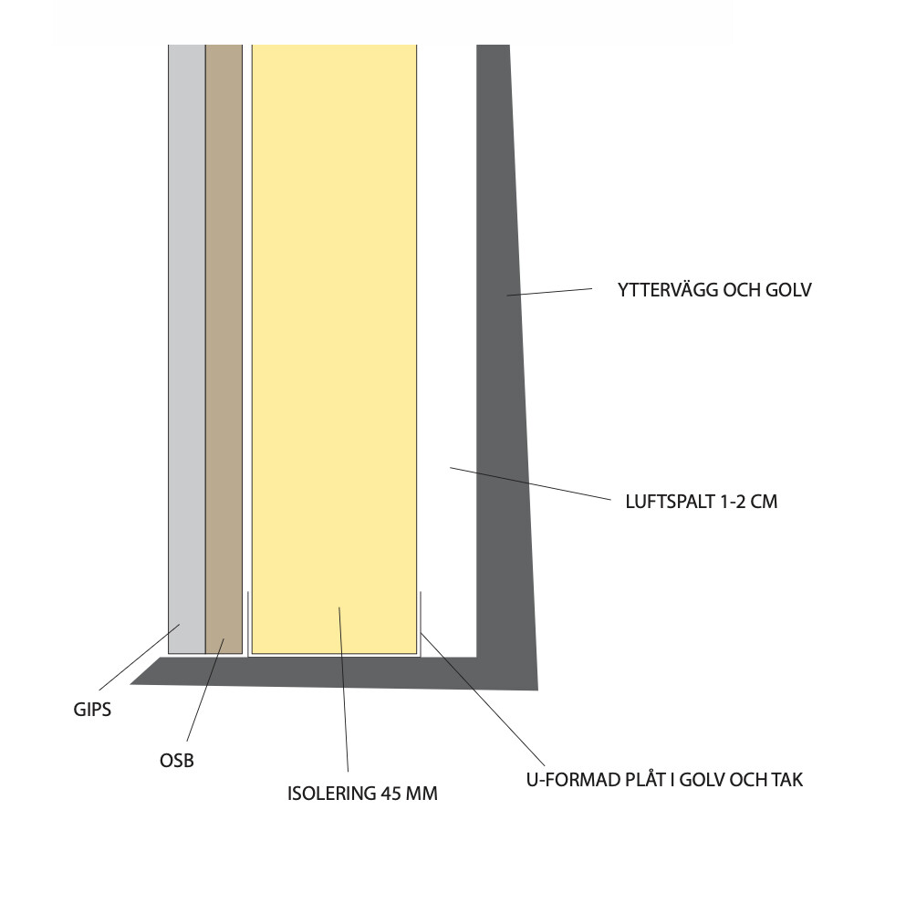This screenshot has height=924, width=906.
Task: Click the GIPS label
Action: click(92, 709)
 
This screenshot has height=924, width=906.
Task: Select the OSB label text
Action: click(177, 760)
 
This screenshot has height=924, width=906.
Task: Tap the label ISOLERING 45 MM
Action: click(362, 794)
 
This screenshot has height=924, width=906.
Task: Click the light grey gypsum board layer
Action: click(186, 347)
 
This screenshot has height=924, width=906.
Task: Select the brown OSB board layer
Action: click(224, 347)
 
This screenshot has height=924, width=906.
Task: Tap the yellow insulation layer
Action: click(334, 347)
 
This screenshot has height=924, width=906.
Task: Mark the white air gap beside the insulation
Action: click(446, 347)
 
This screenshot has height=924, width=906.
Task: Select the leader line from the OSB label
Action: click(206, 689)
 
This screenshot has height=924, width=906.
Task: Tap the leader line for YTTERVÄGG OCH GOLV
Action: click(550, 292)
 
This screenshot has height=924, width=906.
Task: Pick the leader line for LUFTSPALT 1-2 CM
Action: click(529, 483)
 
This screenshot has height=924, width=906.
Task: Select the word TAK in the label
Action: click(786, 781)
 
